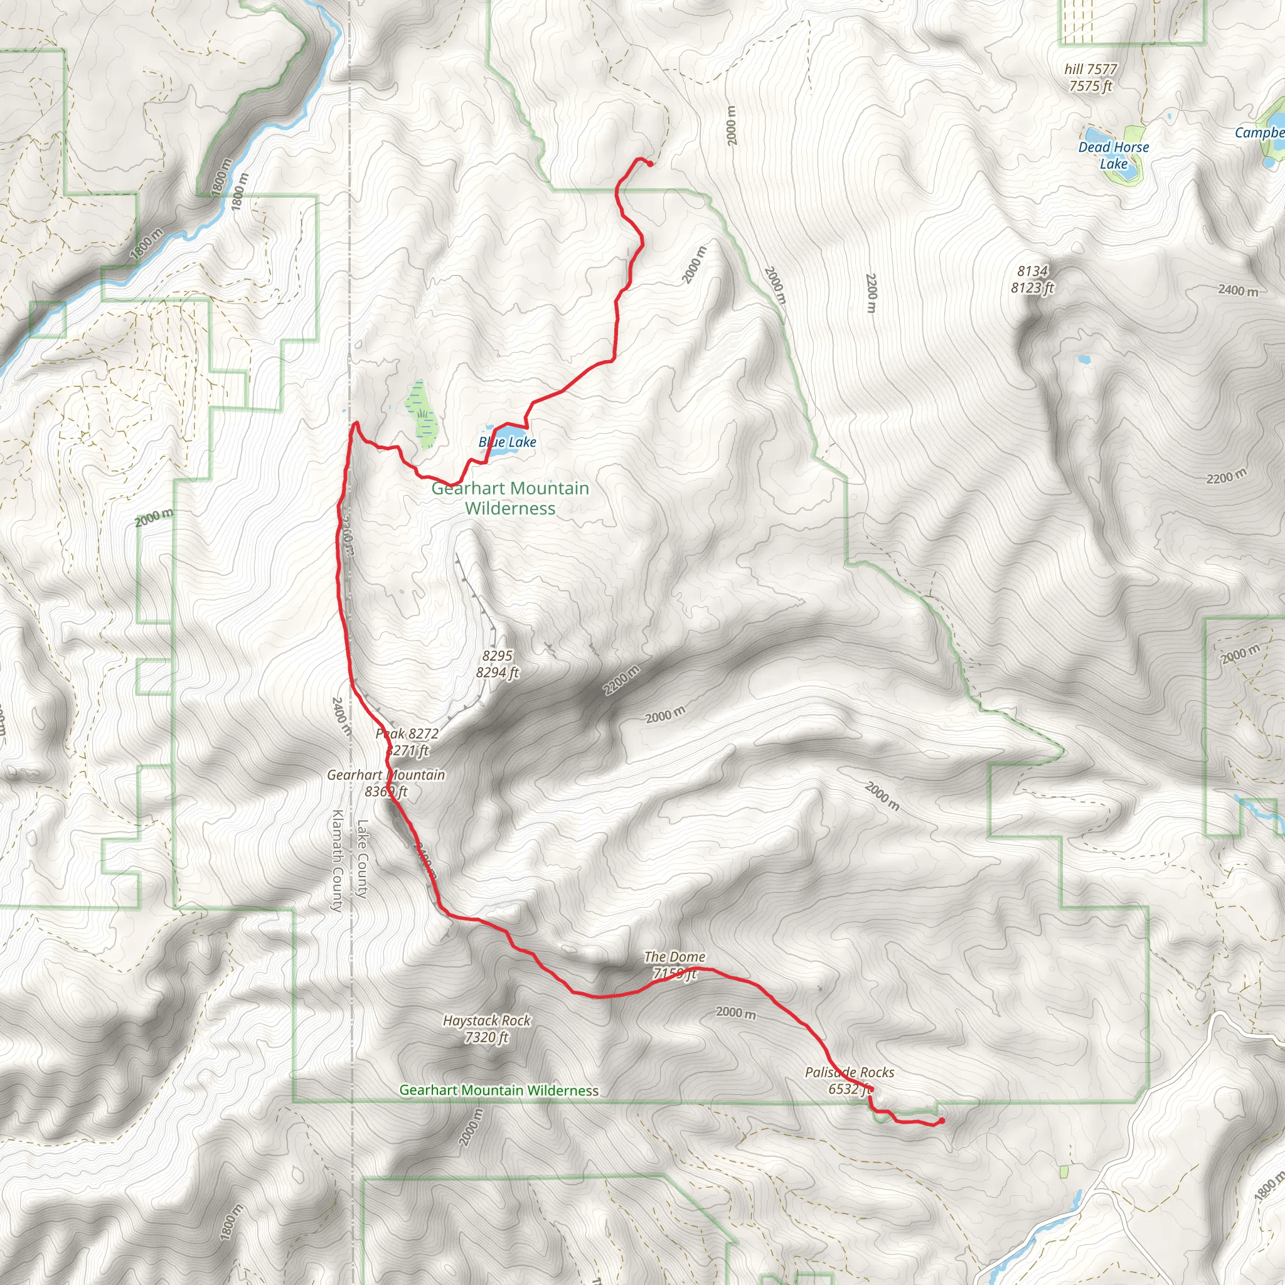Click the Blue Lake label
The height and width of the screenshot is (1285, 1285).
[x=508, y=442]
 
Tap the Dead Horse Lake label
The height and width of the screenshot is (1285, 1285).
[x=1114, y=156]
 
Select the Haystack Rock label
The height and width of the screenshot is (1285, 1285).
[x=487, y=1020]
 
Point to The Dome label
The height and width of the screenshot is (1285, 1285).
[x=674, y=956]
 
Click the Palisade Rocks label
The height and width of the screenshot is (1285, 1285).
[x=850, y=1072]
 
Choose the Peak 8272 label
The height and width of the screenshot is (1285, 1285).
[x=407, y=733]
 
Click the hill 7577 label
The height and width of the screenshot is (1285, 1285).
[x=1090, y=69]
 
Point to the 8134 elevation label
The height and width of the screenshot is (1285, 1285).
[x=1032, y=270]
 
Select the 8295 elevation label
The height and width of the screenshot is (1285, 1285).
[x=498, y=656]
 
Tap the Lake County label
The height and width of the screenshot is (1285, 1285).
[x=363, y=859]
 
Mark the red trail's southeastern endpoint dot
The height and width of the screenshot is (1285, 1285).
[x=942, y=1121]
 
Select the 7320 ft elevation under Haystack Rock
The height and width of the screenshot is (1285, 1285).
[x=487, y=1037]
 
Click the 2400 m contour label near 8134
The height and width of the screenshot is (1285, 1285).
[x=1238, y=290]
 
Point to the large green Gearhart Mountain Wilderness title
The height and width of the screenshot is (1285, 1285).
[x=510, y=498]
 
